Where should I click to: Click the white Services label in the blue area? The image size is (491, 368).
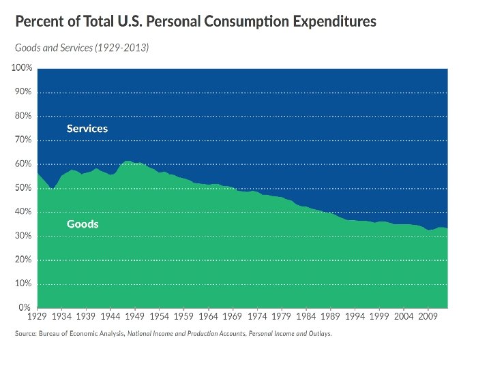coord(87,128)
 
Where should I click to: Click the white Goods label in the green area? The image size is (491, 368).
coord(83,224)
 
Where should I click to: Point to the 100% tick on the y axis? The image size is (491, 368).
coord(23,68)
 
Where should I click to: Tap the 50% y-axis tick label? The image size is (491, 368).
coord(24,188)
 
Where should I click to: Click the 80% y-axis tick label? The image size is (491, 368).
coord(24,116)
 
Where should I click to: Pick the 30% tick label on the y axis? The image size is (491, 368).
coord(24,236)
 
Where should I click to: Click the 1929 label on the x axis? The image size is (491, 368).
coord(38,317)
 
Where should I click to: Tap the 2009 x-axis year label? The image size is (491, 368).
coord(428,317)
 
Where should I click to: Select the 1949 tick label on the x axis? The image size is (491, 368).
coord(135,317)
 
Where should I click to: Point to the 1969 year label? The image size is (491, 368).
coord(233,317)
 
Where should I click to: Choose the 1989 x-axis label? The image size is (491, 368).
coord(330,317)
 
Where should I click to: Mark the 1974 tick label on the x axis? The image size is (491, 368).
coord(257,317)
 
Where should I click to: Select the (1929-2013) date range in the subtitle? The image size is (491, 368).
coord(123,48)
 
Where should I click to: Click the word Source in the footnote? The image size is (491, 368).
coord(27,334)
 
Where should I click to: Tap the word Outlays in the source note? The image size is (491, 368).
coord(319,334)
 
